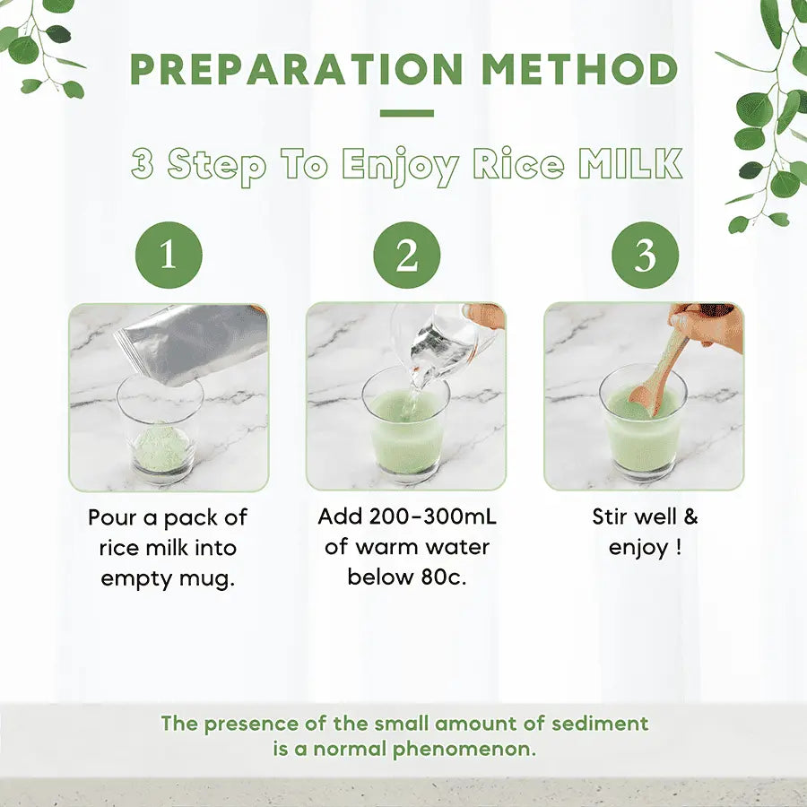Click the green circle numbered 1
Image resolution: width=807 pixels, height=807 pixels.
pyautogui.click(x=169, y=255)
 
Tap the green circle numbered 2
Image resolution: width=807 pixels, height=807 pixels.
pyautogui.click(x=407, y=255)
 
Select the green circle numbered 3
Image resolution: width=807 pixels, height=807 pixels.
pyautogui.click(x=646, y=255)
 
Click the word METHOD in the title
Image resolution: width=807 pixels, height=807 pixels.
pyautogui.click(x=579, y=69)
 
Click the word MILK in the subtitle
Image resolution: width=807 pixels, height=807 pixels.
pyautogui.click(x=631, y=164)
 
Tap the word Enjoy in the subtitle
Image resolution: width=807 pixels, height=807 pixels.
pyautogui.click(x=400, y=166)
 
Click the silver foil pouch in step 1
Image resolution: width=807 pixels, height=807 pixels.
pyautogui.click(x=192, y=343)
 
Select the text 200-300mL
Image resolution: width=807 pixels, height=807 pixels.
pyautogui.click(x=433, y=516)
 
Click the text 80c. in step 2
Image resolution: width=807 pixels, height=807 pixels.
pyautogui.click(x=444, y=577)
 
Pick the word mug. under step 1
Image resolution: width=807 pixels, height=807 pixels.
pyautogui.click(x=207, y=580)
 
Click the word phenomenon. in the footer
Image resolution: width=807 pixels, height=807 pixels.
pyautogui.click(x=464, y=750)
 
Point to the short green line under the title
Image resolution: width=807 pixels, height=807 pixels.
pyautogui.click(x=407, y=113)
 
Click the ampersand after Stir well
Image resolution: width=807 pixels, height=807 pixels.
pyautogui.click(x=690, y=516)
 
